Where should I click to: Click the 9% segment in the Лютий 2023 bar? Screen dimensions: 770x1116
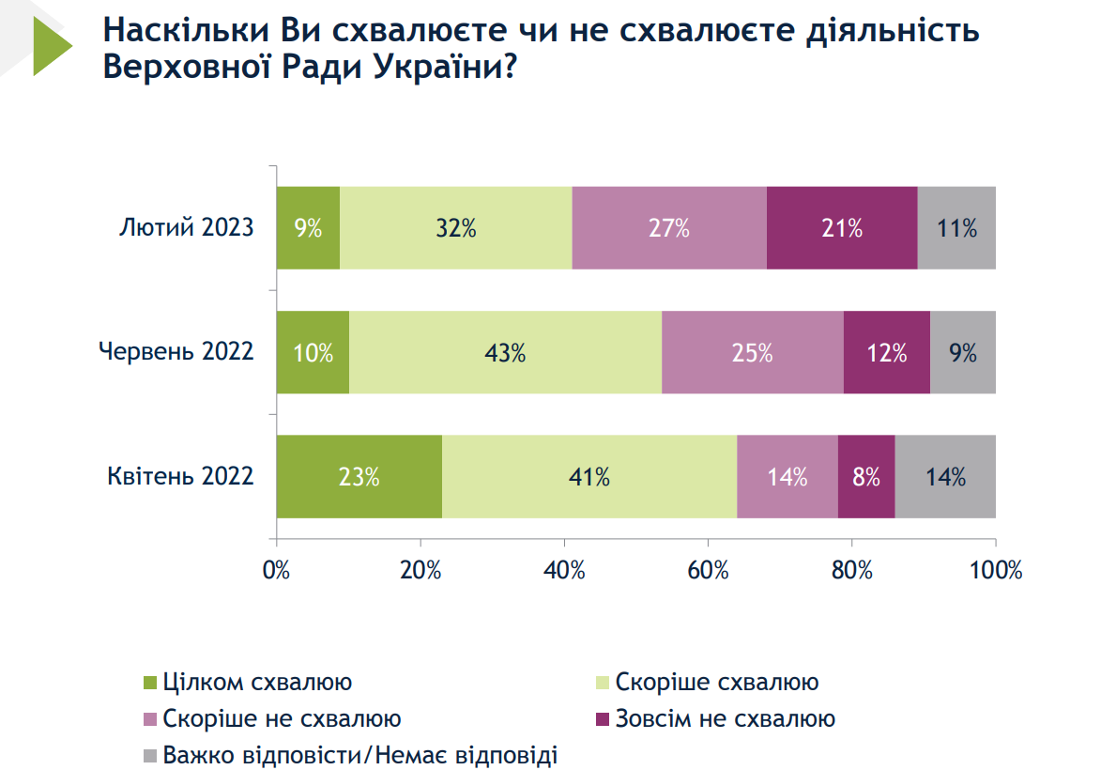[x=308, y=228]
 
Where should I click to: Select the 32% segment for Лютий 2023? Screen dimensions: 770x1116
[x=455, y=228]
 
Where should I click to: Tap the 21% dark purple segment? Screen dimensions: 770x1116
[x=842, y=228]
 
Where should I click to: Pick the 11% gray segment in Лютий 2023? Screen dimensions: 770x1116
[x=956, y=228]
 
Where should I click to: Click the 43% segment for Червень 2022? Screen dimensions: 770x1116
[x=505, y=352]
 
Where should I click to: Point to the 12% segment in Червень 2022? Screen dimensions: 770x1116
[x=886, y=352]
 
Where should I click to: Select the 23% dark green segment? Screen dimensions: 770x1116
[x=359, y=476]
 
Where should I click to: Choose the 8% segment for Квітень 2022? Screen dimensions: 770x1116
[x=865, y=476]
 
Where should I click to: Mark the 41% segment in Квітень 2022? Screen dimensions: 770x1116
[x=589, y=476]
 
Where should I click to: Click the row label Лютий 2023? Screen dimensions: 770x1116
[x=187, y=228]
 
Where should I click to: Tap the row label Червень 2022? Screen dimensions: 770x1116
[x=176, y=352]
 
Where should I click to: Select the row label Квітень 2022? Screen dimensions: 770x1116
[x=181, y=476]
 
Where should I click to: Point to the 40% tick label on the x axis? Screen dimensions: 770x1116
[x=564, y=570]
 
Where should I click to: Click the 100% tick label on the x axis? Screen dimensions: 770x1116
[x=994, y=570]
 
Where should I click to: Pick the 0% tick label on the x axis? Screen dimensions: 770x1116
[x=277, y=570]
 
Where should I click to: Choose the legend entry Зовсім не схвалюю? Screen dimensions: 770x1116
[x=725, y=719]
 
